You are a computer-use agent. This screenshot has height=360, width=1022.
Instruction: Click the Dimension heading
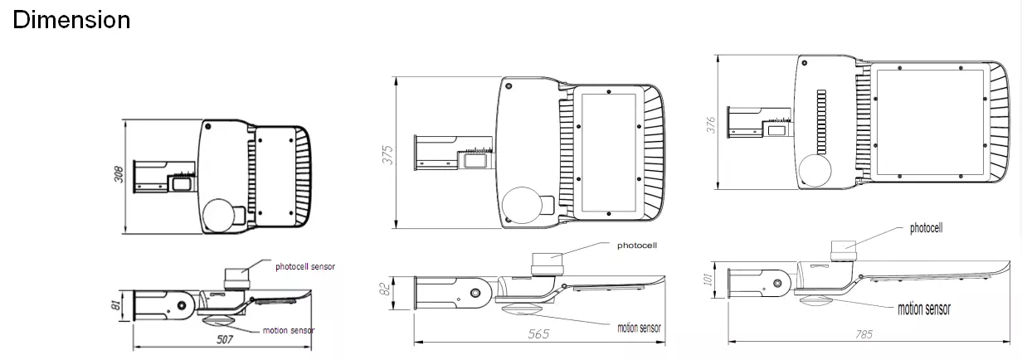pyautogui.click(x=71, y=20)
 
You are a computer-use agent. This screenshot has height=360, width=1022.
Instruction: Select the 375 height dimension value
pyautogui.click(x=386, y=153)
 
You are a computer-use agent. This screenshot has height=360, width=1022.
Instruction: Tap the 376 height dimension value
pyautogui.click(x=709, y=125)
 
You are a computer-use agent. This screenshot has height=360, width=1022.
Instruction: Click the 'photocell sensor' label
pyautogui.click(x=305, y=265)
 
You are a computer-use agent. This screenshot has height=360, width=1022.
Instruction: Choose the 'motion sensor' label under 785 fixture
pyautogui.click(x=924, y=309)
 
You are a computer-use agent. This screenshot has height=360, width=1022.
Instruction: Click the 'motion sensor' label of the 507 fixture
pyautogui.click(x=288, y=330)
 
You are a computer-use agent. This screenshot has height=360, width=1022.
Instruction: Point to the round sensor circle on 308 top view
pyautogui.click(x=218, y=214)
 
